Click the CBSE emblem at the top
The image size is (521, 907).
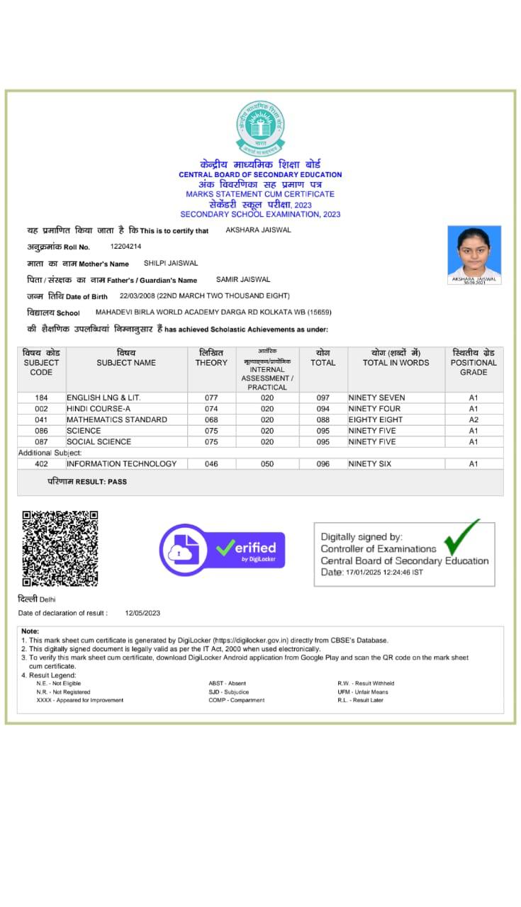[x=260, y=128]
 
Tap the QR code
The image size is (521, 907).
[x=60, y=548]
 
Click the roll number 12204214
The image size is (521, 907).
[x=126, y=247]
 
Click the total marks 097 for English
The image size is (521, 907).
[x=323, y=398]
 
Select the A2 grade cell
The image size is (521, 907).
[x=474, y=419]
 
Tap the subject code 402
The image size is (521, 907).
[x=41, y=463]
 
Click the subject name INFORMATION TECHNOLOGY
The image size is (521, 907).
[x=121, y=463]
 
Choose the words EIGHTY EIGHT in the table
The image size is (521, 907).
[x=375, y=419]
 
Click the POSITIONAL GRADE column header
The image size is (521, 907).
[x=474, y=362]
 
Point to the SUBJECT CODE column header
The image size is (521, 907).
[x=41, y=362]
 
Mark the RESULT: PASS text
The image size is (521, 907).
[x=87, y=481]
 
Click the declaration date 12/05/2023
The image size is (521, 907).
[x=142, y=613]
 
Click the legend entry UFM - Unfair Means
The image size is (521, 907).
[x=362, y=692]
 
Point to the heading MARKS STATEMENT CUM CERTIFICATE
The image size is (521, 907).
[x=260, y=194]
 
